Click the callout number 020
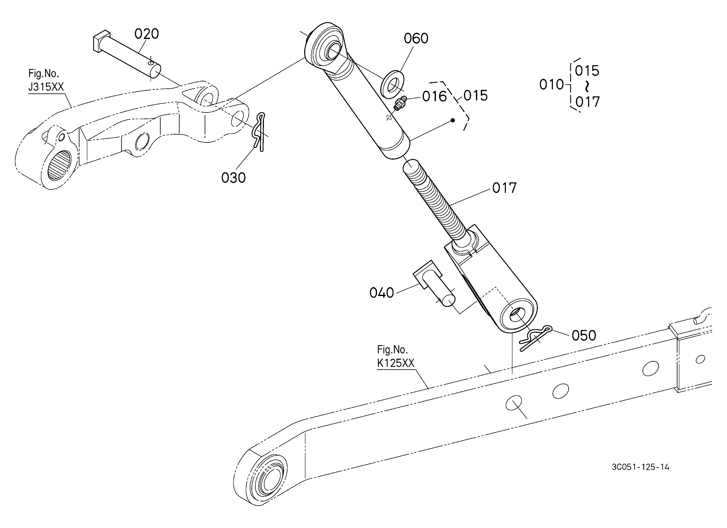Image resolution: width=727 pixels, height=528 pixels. point(146,34)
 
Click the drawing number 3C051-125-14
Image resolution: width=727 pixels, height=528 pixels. point(640,467)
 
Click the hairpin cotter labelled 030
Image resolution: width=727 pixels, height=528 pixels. point(259,131)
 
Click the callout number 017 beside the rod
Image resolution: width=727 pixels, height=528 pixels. point(504,188)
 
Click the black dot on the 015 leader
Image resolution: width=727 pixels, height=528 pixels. point(453,121)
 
